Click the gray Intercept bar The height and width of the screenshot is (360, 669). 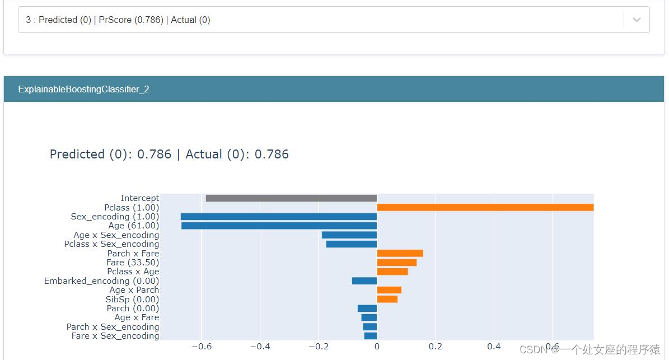pos(291,198)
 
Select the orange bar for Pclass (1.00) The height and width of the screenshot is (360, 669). pos(485,207)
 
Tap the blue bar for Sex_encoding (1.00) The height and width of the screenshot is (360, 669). pos(278,217)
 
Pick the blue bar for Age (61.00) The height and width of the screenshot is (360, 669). pos(279,226)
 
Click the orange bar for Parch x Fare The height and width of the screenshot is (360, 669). pos(400,254)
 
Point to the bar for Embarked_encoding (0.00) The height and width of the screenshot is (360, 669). pos(364,281)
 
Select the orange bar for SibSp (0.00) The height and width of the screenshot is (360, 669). pos(387,299)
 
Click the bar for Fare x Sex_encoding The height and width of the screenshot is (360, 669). pos(370,336)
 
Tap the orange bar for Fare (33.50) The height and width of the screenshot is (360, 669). pos(396,263)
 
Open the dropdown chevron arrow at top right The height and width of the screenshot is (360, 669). pos(637,20)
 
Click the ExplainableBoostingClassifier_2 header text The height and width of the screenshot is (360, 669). pos(83,90)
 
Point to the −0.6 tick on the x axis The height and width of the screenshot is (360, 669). pos(201,347)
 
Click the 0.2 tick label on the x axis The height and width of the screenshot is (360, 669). pos(435,347)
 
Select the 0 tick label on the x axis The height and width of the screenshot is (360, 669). pos(377,347)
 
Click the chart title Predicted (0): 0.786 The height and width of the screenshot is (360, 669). pos(111,155)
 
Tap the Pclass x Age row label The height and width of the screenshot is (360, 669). pos(133,272)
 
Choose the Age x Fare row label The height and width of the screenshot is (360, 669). pos(137,317)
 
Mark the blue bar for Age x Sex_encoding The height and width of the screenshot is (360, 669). pos(349,235)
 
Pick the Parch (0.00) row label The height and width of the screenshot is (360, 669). pos(133,308)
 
